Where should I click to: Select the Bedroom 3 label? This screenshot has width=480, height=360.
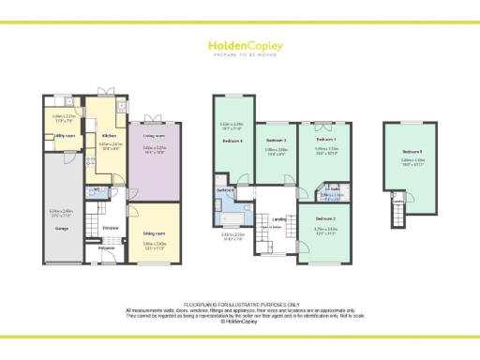click(275, 141)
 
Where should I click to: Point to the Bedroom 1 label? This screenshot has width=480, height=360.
click(325, 140)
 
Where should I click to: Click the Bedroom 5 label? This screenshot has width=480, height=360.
click(413, 151)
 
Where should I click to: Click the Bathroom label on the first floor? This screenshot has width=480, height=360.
click(226, 190)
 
